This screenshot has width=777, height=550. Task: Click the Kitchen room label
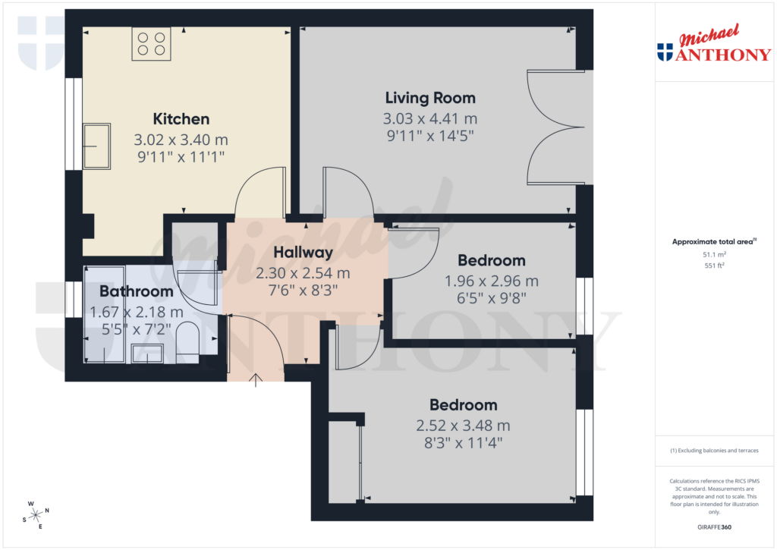[x=181, y=119]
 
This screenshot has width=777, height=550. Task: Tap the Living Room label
[x=430, y=98]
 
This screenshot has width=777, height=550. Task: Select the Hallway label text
[x=304, y=253]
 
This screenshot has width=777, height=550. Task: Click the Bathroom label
[x=137, y=291]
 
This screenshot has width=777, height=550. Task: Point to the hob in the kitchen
[x=149, y=43]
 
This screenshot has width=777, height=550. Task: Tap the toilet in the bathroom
[x=187, y=338]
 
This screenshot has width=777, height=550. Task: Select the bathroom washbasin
[x=147, y=352]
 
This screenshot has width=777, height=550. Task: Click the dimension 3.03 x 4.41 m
[x=430, y=119]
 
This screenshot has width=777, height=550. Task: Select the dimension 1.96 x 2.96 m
[x=491, y=281]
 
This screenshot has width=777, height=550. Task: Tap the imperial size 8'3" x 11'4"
[x=463, y=442]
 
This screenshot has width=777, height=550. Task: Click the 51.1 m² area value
[x=713, y=256]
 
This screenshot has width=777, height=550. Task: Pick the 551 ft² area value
[x=713, y=266]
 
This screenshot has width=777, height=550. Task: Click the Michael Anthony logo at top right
[x=713, y=44]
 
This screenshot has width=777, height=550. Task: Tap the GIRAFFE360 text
[x=713, y=527]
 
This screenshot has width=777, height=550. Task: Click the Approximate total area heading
[x=713, y=242]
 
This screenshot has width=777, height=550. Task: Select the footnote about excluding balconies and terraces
[x=713, y=451]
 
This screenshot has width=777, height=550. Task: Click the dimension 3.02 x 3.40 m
[x=181, y=140]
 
